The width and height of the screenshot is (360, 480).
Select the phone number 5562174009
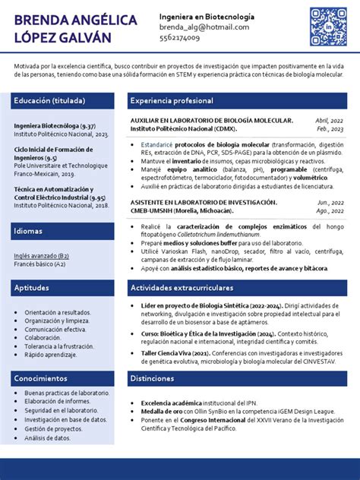click(180, 37)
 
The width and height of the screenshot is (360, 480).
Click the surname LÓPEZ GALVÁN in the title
click(63, 37)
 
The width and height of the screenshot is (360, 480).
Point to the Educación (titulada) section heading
click(49, 100)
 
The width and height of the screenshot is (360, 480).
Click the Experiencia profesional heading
click(172, 100)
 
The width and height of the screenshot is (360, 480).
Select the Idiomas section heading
click(28, 230)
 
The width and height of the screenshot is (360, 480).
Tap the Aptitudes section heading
click(31, 288)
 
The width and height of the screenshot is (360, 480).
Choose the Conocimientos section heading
click(40, 377)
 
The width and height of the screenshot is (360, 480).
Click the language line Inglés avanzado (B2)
click(41, 256)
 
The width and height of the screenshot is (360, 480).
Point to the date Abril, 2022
click(329, 121)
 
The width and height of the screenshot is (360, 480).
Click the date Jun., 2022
click(330, 203)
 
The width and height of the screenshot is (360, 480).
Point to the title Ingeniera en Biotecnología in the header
click(207, 17)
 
